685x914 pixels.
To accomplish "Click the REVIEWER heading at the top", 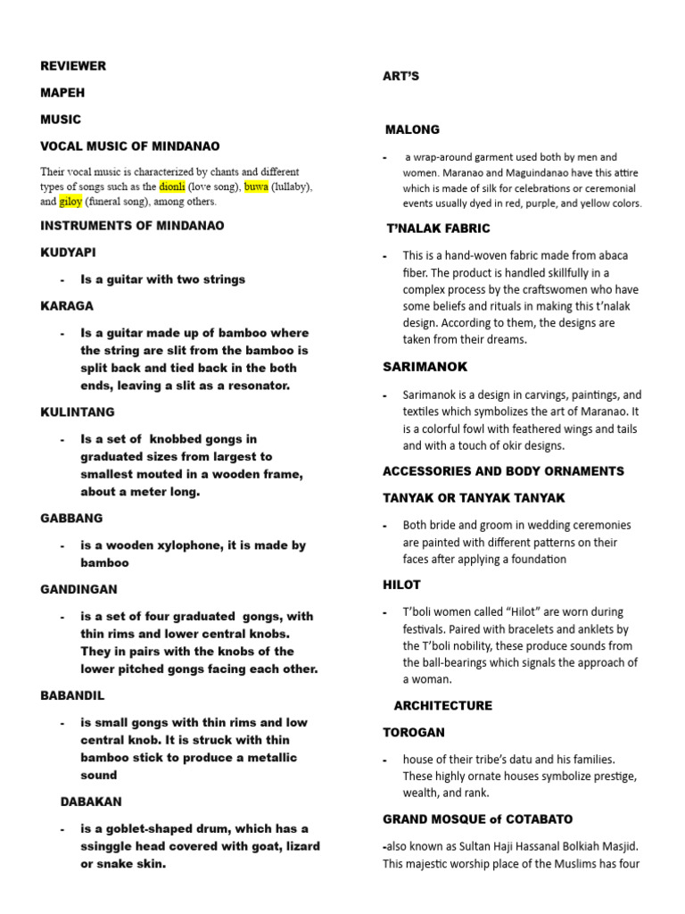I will pos(73,66).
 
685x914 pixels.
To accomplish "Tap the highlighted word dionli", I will pos(172,187).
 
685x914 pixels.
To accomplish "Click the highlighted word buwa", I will pos(256,187).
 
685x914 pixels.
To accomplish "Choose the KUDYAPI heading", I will pos(68,253).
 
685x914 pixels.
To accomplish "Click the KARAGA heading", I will pos(67,305).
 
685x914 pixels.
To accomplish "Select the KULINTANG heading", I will pos(78,412).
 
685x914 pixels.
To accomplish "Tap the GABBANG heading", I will pos(71,518).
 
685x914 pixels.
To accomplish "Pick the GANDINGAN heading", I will pos(78,589).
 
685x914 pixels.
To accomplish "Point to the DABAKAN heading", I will pos(91,802).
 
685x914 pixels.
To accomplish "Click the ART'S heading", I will pos(400,77).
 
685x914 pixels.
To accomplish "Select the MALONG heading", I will pos(412,129).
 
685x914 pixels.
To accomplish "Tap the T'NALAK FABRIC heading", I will pos(438,228).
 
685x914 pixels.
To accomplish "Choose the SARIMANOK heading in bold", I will pos(425,367).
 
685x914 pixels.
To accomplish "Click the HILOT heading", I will pos(401,585).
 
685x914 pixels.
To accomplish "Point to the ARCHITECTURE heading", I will pos(442,705).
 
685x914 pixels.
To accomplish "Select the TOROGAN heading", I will pos(414,732).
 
